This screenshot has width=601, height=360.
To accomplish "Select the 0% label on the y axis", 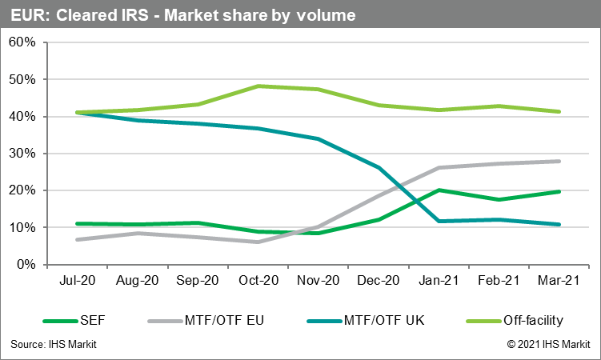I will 26,264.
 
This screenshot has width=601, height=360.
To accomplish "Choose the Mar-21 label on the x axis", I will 559,281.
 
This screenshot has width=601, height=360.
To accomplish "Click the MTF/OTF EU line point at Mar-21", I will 559,162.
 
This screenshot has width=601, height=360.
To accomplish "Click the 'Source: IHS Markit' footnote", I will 54,345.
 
